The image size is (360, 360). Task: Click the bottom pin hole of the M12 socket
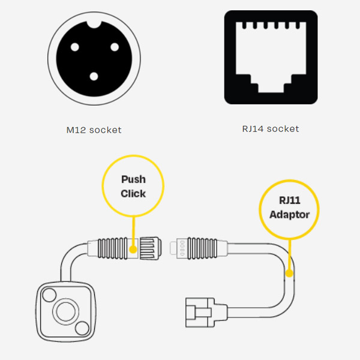tap(94, 76)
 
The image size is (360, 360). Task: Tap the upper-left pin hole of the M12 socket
tap(75, 47)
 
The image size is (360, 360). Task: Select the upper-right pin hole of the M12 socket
tap(115, 47)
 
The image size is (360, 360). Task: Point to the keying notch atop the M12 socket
tap(94, 24)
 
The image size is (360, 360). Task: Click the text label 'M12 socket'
tap(94, 130)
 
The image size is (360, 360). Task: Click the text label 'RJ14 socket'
tap(271, 129)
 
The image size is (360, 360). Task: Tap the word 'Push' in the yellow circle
tap(133, 179)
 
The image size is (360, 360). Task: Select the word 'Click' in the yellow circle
tap(133, 194)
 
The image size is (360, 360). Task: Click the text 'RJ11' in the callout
tap(290, 200)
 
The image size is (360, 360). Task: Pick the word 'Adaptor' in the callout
tap(289, 215)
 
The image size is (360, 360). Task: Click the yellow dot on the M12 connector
tap(133, 250)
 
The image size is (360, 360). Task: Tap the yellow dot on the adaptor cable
tap(289, 273)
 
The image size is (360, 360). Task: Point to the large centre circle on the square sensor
tap(65, 311)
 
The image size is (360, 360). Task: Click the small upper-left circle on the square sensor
tap(49, 295)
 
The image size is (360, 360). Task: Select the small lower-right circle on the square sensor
tap(82, 328)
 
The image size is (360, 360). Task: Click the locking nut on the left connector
tap(151, 249)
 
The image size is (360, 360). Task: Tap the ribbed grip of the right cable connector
tap(202, 248)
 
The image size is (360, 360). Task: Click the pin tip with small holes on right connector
tap(179, 248)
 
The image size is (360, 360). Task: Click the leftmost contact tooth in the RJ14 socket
tap(244, 25)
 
